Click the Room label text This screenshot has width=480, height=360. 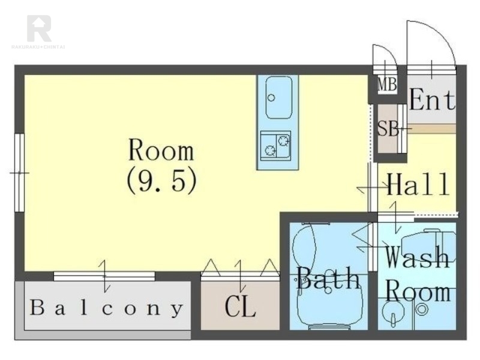coord(161,150)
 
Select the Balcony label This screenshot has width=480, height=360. coord(106,308)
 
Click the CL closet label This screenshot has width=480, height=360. coord(240,307)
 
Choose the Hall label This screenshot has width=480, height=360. coord(418,184)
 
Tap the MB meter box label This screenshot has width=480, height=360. coord(387,84)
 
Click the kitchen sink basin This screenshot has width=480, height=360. coord(278,97)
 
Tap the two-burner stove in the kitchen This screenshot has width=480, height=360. coord(275,145)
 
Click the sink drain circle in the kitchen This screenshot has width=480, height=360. coord(271,98)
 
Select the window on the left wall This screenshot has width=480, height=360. coord(20,173)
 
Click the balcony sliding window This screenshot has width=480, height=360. coord(104,276)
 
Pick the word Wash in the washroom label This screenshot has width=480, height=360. coord(417,257)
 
